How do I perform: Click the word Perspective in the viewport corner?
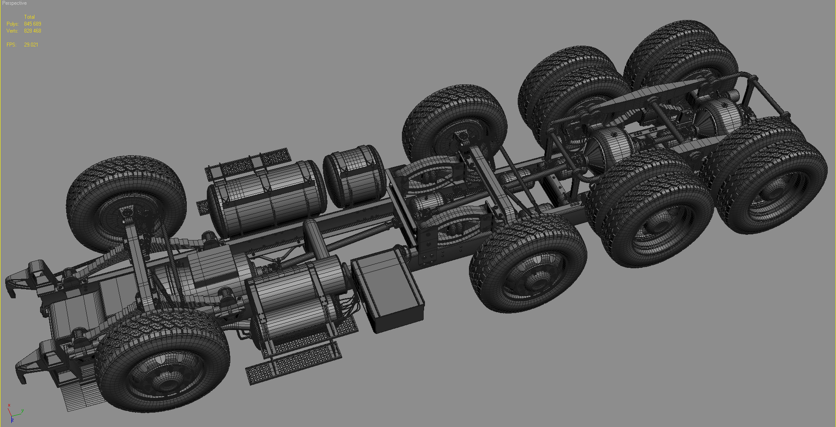point(14,3)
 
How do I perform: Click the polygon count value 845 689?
point(33,24)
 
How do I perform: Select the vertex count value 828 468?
point(33,31)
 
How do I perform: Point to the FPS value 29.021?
point(31,45)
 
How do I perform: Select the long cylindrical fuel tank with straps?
point(266,198)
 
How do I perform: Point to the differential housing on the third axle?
point(612,148)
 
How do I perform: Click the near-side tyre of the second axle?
point(529,265)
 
